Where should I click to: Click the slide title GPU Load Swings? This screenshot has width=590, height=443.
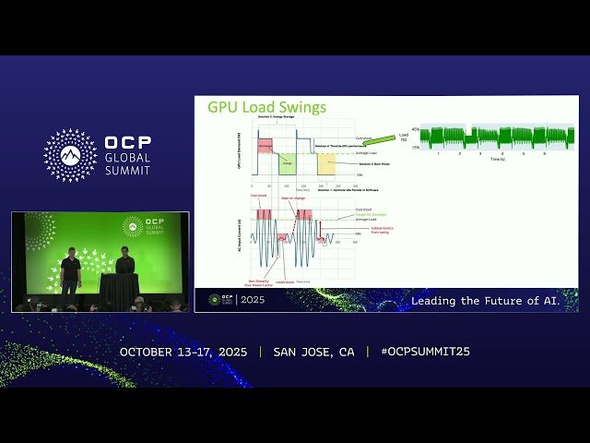click(265, 107)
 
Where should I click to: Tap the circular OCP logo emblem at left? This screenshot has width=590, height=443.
click(70, 155)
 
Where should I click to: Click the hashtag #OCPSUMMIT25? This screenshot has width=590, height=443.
click(418, 352)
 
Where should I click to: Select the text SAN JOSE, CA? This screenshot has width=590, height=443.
click(313, 352)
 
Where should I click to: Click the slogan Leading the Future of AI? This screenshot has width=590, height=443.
click(493, 301)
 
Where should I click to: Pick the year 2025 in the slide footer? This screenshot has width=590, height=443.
click(254, 300)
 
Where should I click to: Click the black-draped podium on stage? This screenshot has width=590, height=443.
click(119, 289)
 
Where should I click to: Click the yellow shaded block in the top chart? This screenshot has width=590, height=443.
click(326, 164)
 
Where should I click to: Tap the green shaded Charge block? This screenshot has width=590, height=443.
click(286, 164)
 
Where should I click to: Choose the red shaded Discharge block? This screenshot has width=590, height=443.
click(265, 145)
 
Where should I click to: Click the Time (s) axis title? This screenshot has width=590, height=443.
click(498, 160)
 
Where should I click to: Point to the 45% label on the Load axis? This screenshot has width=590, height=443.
click(415, 129)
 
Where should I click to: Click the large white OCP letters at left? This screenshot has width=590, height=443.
click(127, 144)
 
